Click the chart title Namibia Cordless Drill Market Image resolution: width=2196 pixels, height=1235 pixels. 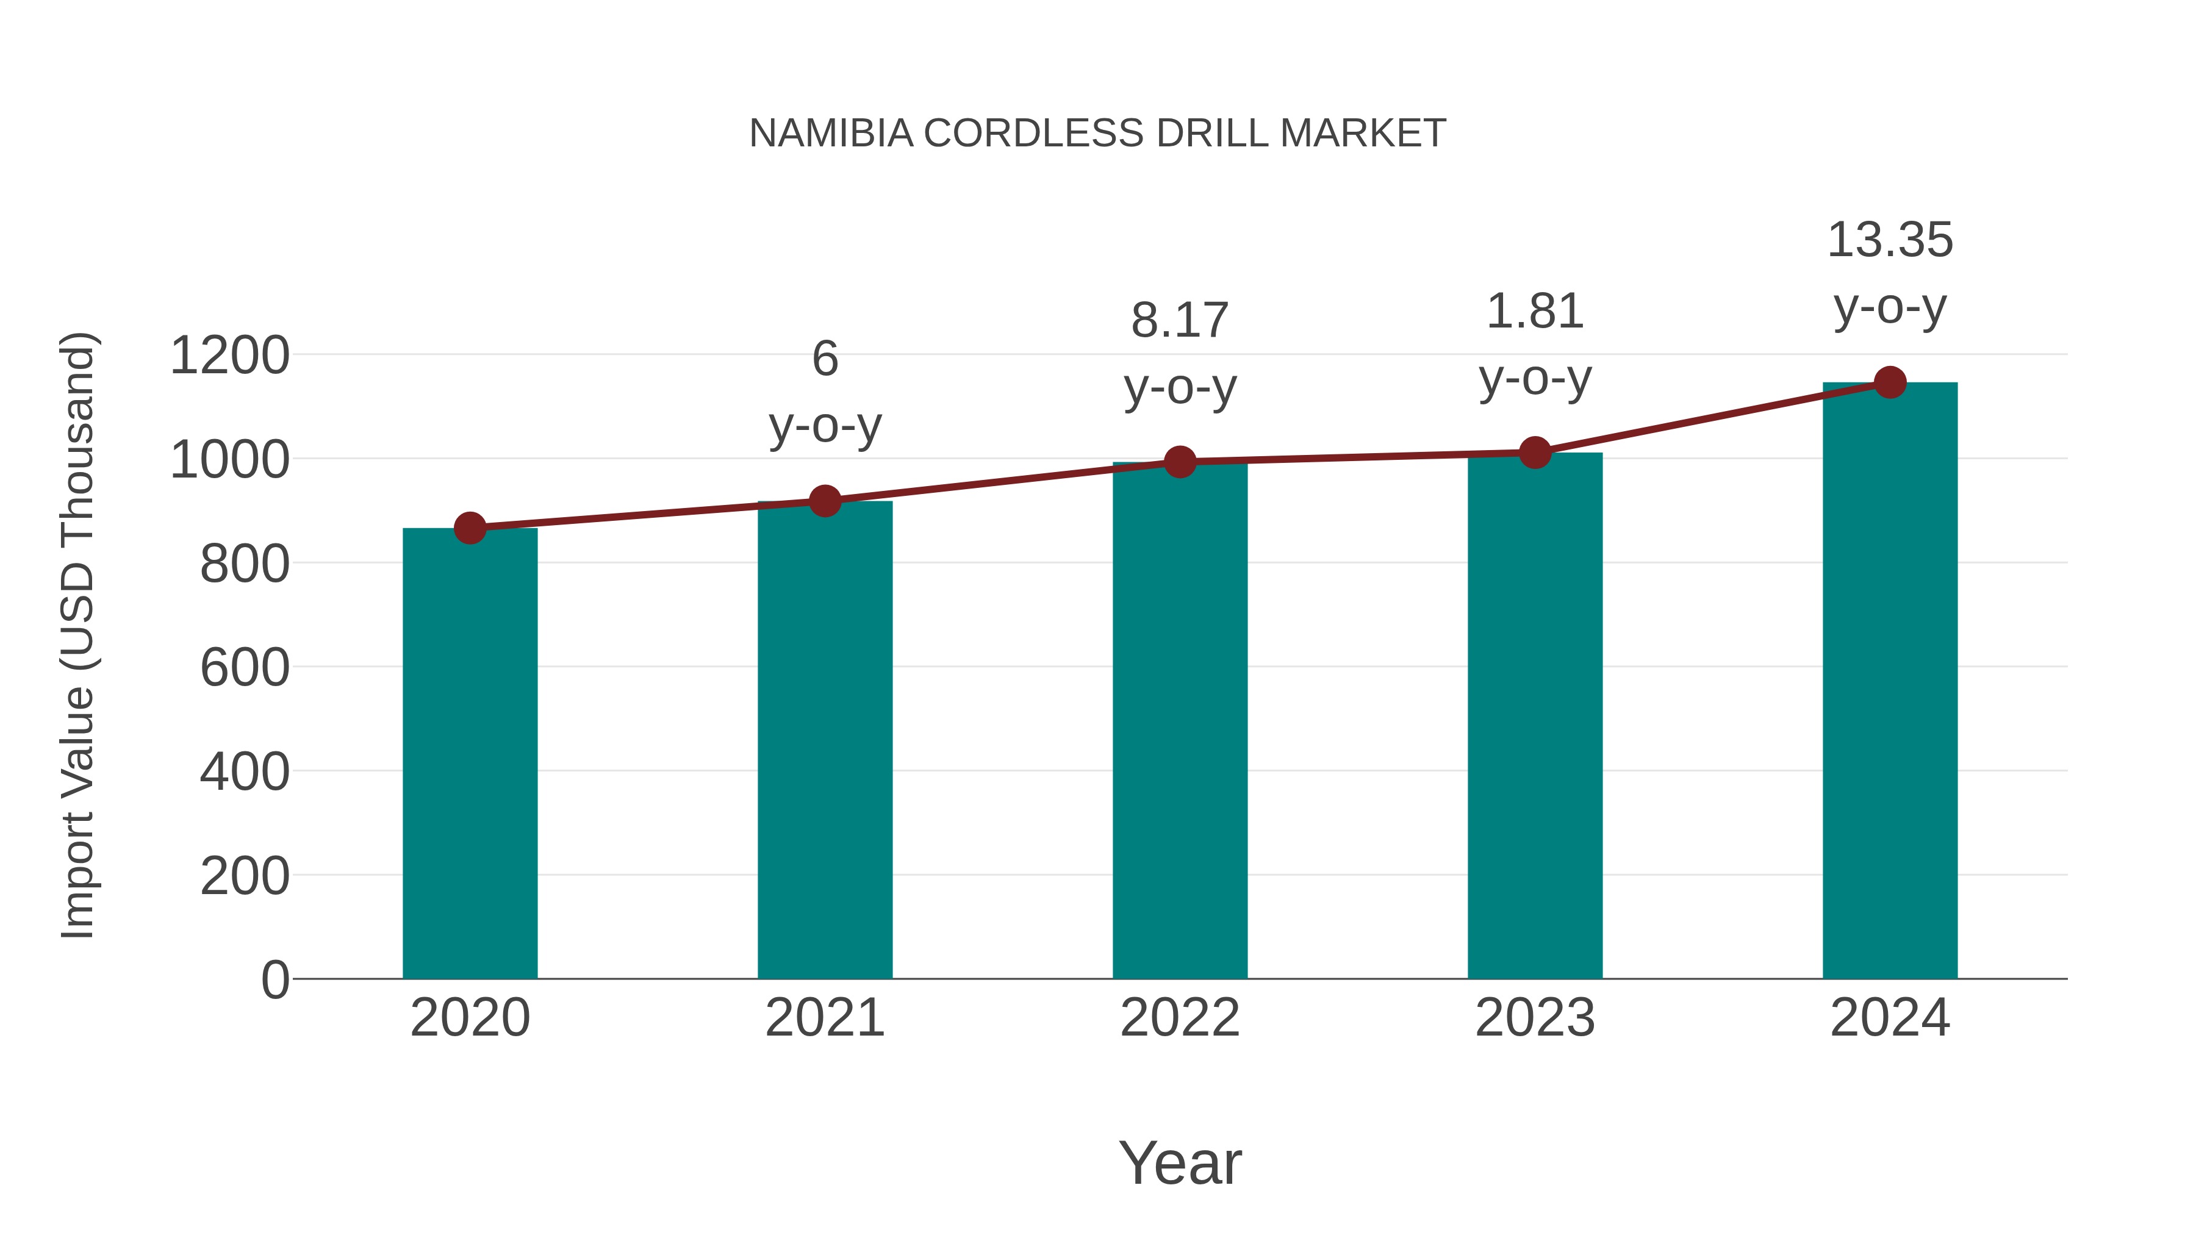click(1097, 133)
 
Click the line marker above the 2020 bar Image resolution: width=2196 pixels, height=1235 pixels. click(470, 528)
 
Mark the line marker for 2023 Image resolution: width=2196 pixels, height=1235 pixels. click(1535, 453)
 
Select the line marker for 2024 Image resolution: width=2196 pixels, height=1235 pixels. click(1890, 382)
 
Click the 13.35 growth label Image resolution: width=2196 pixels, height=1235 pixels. click(1890, 240)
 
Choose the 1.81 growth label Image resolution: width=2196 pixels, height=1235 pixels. click(1535, 311)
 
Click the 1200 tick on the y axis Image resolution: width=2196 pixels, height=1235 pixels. click(229, 356)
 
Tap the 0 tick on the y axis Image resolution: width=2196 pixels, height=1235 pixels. click(274, 979)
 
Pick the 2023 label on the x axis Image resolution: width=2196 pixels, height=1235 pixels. click(1535, 1018)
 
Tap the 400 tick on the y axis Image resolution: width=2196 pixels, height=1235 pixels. click(245, 771)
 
